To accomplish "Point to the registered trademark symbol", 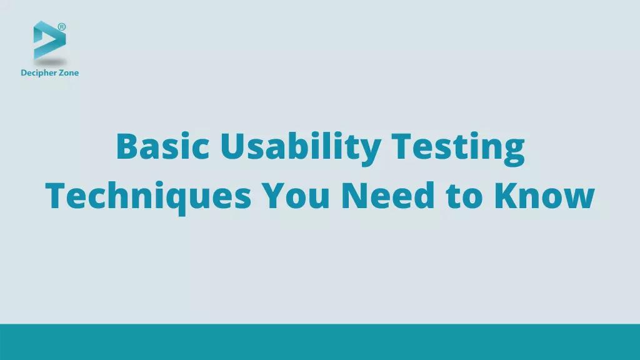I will pyautogui.click(x=62, y=26).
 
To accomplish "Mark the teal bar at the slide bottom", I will pyautogui.click(x=320, y=342).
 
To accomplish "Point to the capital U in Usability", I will pyautogui.click(x=232, y=147).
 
